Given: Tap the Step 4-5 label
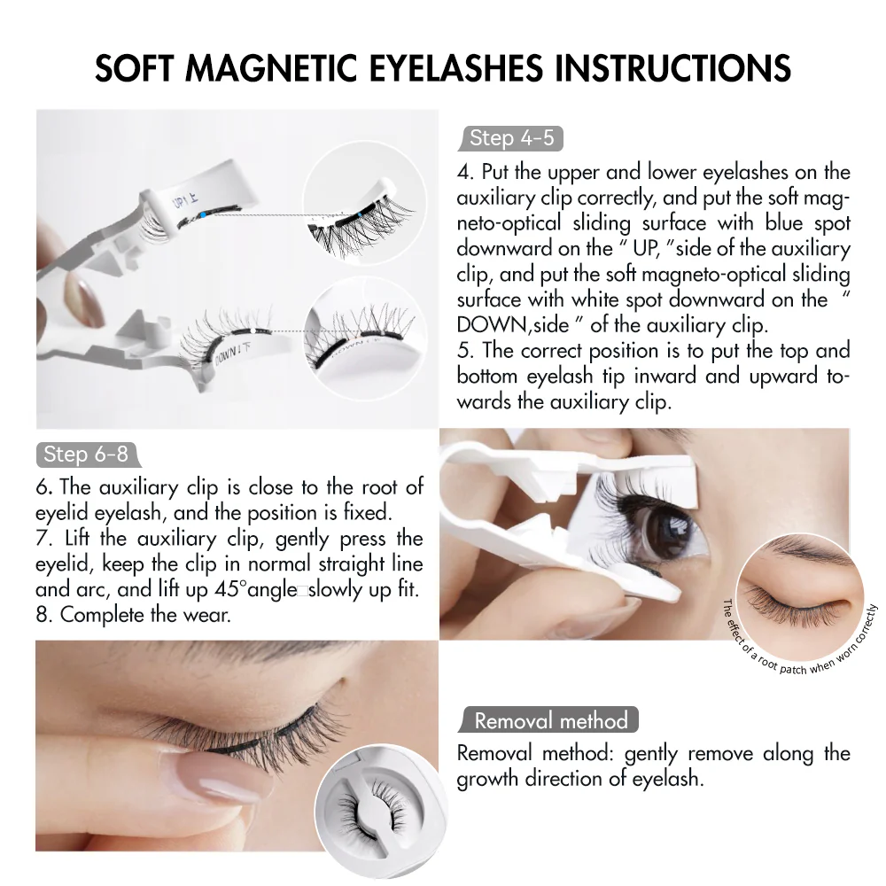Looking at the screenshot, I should tap(511, 137).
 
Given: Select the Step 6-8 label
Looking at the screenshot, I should tap(86, 455).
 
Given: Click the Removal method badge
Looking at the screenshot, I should tap(550, 720).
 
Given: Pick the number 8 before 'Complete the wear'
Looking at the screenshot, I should tap(43, 615).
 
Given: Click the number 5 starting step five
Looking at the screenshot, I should tap(462, 351).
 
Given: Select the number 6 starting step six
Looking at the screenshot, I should tap(42, 486).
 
